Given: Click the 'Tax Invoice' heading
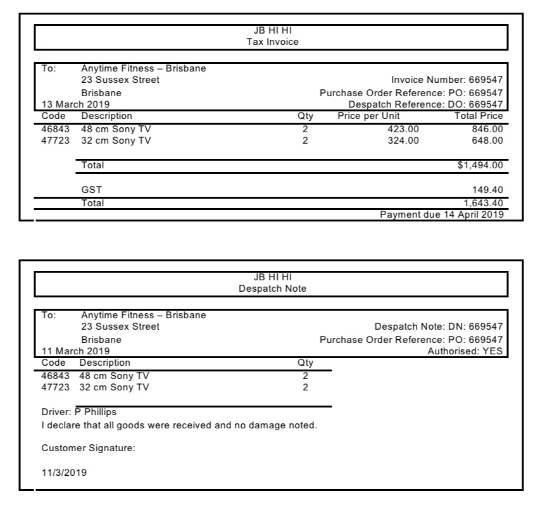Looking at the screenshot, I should coord(272,42).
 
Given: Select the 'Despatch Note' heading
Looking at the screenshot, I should coord(272,289).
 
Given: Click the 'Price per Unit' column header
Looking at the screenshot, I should coord(368,116).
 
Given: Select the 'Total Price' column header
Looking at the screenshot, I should coord(479,116).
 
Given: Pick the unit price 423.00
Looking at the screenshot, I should coord(403,129).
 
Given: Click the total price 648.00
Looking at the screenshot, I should coord(487,140).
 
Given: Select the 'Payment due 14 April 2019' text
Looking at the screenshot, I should coord(441,215).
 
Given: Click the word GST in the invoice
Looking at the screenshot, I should coord(91,190).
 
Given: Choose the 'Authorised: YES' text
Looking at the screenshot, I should coord(465,351).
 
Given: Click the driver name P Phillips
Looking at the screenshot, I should coord(96,412).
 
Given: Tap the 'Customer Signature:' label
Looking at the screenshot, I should coord(89,449).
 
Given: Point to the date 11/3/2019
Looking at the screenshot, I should coord(64,472).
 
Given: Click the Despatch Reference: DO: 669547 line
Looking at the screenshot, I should coord(425,104).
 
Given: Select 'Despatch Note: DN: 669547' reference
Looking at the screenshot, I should coord(439,327).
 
